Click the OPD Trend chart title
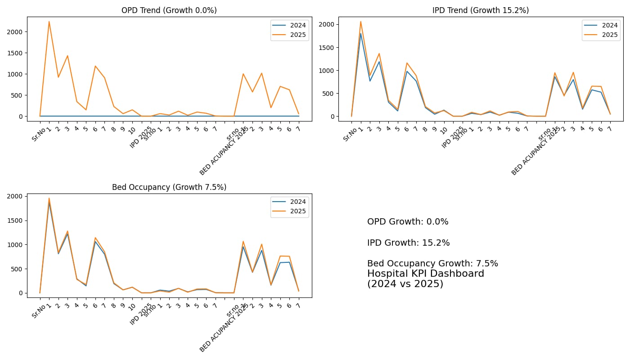(x=169, y=10)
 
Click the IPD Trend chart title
(x=481, y=10)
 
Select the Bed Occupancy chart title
(x=169, y=187)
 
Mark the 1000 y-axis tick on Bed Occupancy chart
(x=15, y=245)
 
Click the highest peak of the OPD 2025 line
(x=49, y=22)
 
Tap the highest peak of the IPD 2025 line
(x=360, y=22)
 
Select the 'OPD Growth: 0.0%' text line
(x=408, y=222)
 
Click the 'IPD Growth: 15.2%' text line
(x=408, y=243)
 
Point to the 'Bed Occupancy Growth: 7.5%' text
(x=432, y=264)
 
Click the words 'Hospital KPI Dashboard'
(x=425, y=274)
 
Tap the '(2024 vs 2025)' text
(x=405, y=284)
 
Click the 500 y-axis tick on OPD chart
(x=17, y=95)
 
